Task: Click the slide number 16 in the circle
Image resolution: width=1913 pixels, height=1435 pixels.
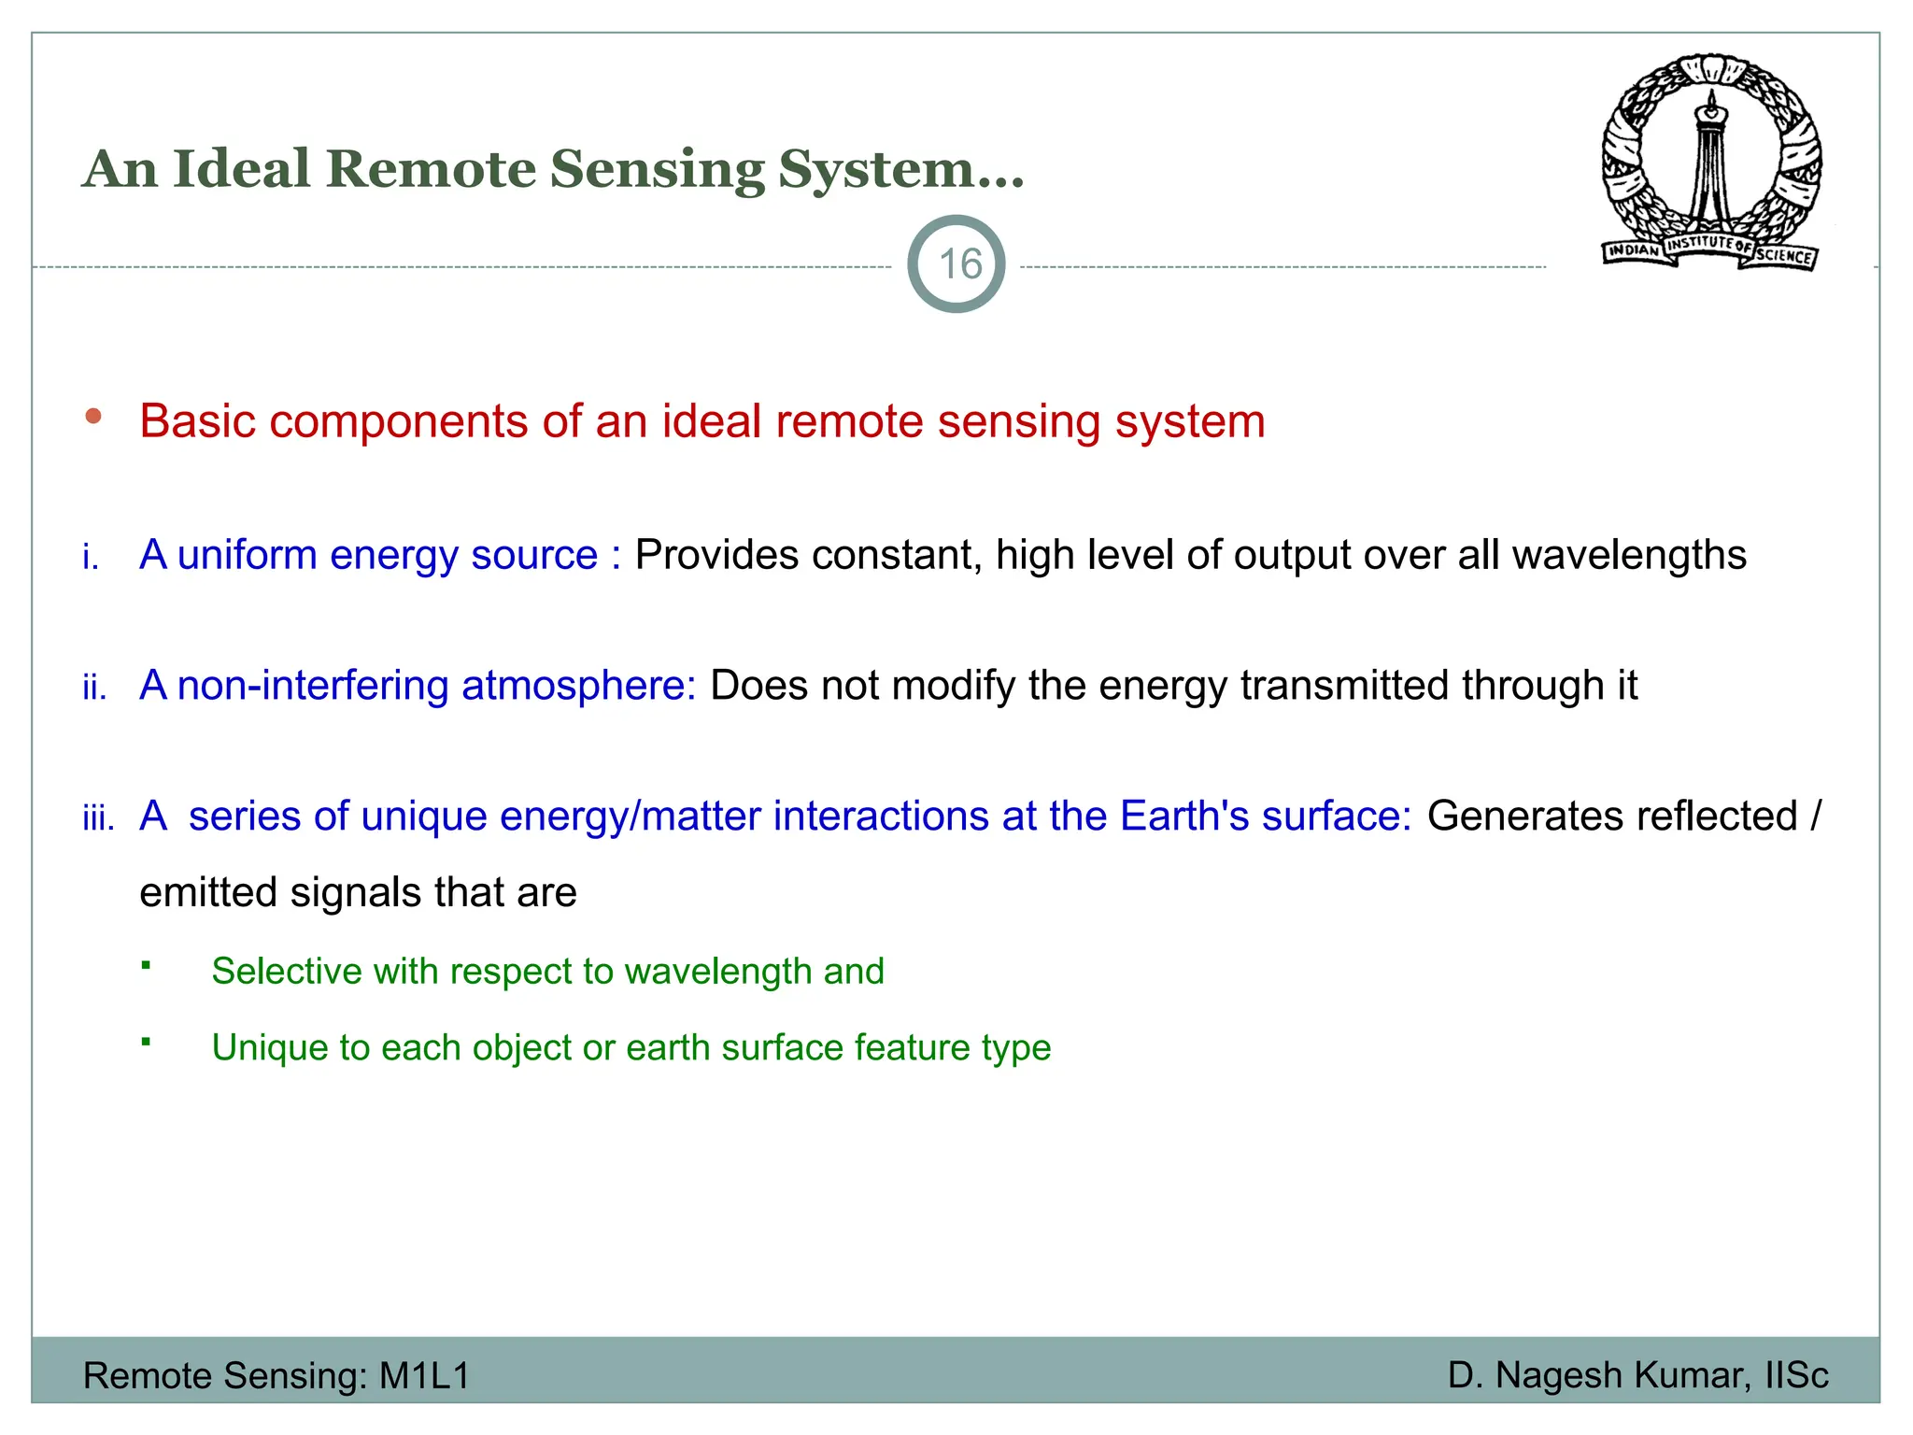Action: pyautogui.click(x=959, y=264)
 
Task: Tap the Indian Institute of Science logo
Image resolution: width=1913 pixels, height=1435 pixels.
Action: pyautogui.click(x=1711, y=162)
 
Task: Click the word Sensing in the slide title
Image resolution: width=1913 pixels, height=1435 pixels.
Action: pyautogui.click(x=657, y=170)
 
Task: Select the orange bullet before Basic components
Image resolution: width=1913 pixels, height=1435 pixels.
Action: pyautogui.click(x=93, y=417)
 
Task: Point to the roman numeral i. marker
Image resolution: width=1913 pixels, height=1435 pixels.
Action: pyautogui.click(x=91, y=558)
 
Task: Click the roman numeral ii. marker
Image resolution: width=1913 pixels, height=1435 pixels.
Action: pyautogui.click(x=94, y=689)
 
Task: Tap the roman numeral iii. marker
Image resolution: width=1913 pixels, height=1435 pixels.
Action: pyautogui.click(x=98, y=819)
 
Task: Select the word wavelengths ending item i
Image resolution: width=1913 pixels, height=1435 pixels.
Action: pyautogui.click(x=1629, y=555)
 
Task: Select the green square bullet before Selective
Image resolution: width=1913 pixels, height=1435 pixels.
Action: pyautogui.click(x=147, y=964)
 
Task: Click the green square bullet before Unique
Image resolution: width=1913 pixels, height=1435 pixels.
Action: pyautogui.click(x=147, y=1041)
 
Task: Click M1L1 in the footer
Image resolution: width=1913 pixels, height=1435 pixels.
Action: pyautogui.click(x=424, y=1376)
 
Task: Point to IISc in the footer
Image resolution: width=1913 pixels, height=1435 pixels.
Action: pyautogui.click(x=1796, y=1376)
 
